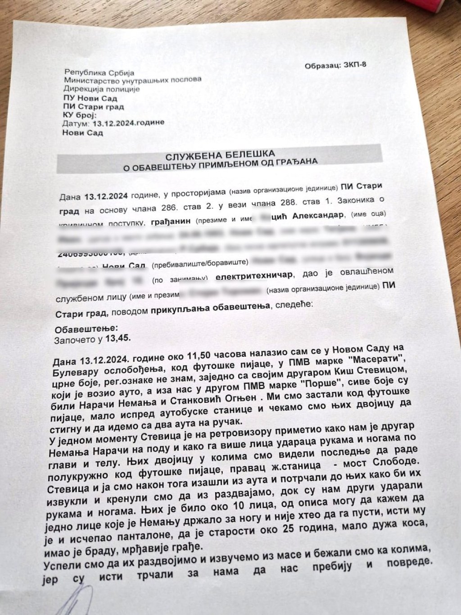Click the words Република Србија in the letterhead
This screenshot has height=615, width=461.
[x=99, y=72]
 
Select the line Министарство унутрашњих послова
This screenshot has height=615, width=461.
[x=132, y=80]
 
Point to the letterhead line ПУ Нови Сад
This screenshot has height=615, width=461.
[x=90, y=98]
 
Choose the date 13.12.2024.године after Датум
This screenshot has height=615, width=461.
[x=128, y=123]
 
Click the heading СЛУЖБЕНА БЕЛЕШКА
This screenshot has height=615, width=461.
[x=220, y=155]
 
